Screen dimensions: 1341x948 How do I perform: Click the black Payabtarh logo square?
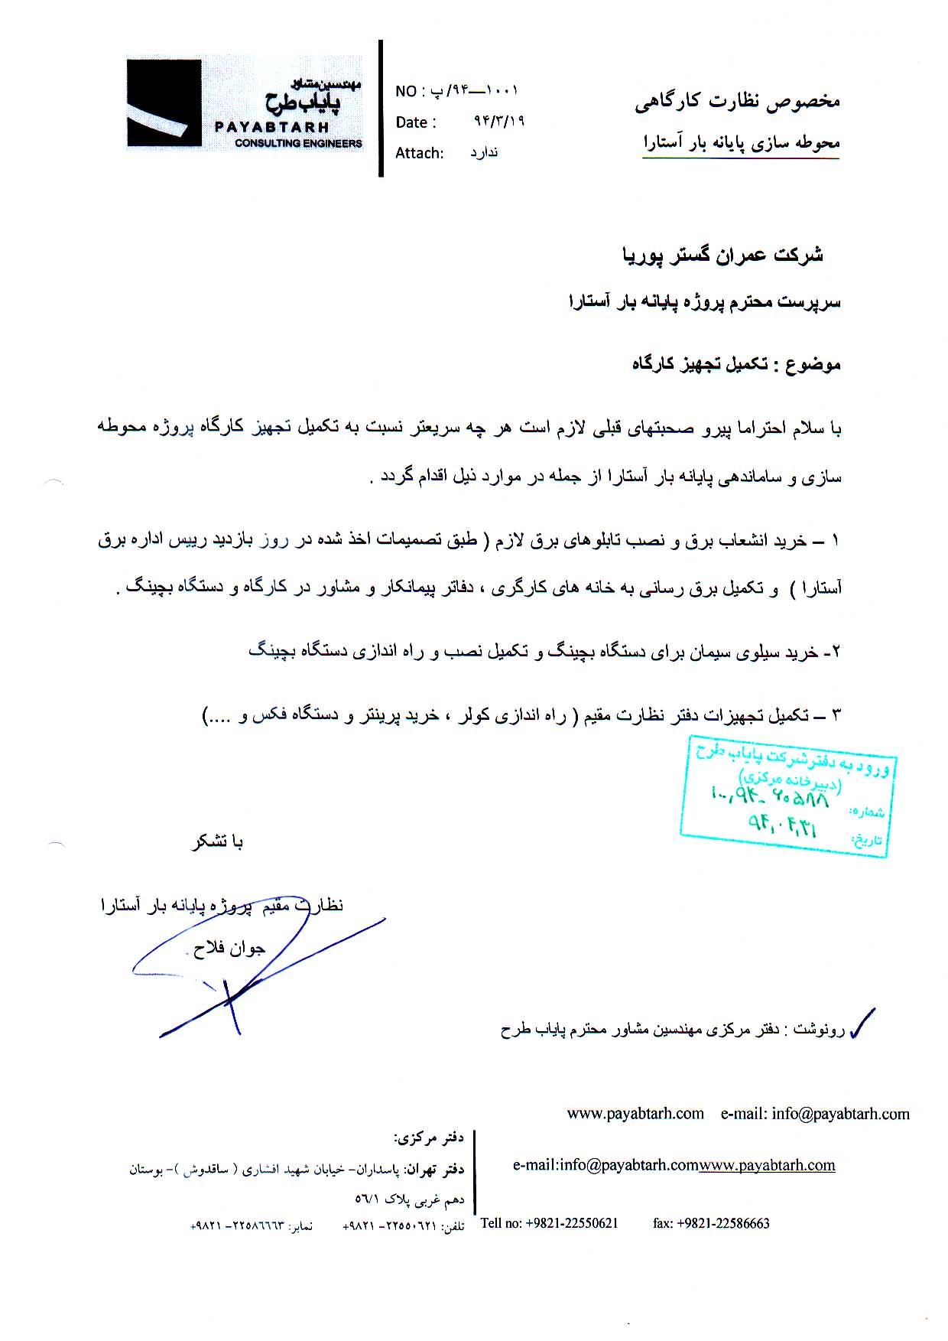click(164, 103)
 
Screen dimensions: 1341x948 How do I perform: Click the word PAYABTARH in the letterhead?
click(271, 127)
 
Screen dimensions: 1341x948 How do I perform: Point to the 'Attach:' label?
click(419, 153)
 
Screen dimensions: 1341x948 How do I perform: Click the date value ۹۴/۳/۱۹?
click(499, 122)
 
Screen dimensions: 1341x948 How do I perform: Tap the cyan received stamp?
click(787, 796)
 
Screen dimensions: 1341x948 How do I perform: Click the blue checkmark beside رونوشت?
click(862, 1023)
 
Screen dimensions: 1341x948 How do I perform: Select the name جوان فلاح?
click(229, 949)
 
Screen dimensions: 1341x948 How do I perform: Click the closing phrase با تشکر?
click(217, 842)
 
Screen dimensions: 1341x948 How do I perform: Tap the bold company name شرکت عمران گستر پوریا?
click(722, 255)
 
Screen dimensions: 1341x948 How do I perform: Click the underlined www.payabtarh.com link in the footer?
click(767, 1165)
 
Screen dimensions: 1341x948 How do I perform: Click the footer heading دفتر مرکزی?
click(429, 1138)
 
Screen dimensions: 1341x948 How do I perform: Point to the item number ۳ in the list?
click(836, 716)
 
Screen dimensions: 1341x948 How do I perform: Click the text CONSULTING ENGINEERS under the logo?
click(298, 143)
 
